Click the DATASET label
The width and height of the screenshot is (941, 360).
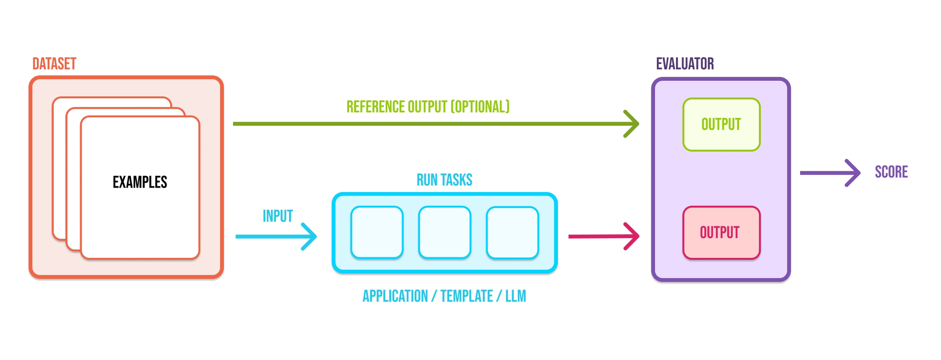[x=54, y=64]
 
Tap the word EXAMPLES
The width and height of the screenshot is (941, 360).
[x=140, y=182]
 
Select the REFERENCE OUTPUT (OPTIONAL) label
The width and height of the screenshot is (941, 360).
[x=428, y=107]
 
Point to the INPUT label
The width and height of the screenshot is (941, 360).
[x=278, y=216]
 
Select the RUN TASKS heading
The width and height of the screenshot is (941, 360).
[x=444, y=180]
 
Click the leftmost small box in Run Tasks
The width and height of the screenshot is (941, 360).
[x=377, y=233]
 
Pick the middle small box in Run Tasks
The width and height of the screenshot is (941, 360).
[x=445, y=233]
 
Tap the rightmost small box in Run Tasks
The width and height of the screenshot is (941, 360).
[x=513, y=233]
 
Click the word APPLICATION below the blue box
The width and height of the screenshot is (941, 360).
[x=395, y=296]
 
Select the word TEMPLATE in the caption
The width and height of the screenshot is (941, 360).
[x=466, y=296]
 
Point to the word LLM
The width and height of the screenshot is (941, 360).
[x=515, y=296]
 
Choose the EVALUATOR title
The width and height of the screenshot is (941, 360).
[x=685, y=64]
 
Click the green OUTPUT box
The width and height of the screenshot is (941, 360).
[x=721, y=125]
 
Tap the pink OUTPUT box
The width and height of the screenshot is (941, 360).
[x=721, y=233]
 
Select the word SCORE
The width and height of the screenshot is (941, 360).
[x=891, y=172]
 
